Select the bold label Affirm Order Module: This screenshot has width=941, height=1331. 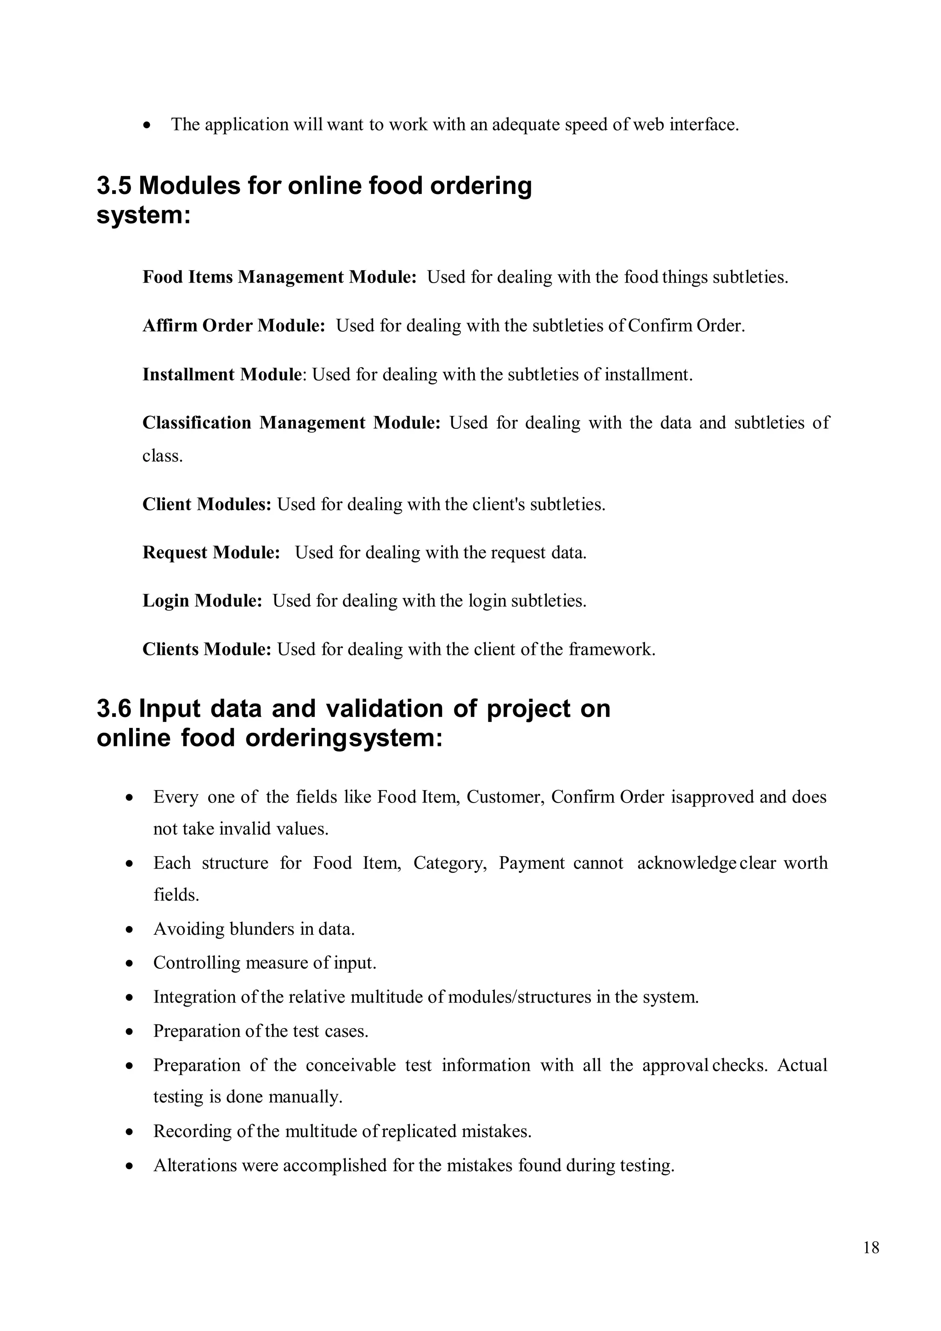click(234, 326)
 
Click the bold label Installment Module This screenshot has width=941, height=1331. click(222, 375)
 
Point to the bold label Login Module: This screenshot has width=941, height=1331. click(202, 601)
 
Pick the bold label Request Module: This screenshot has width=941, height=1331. click(211, 552)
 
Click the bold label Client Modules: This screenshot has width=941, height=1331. click(206, 504)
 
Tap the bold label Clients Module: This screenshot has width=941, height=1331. click(206, 649)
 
